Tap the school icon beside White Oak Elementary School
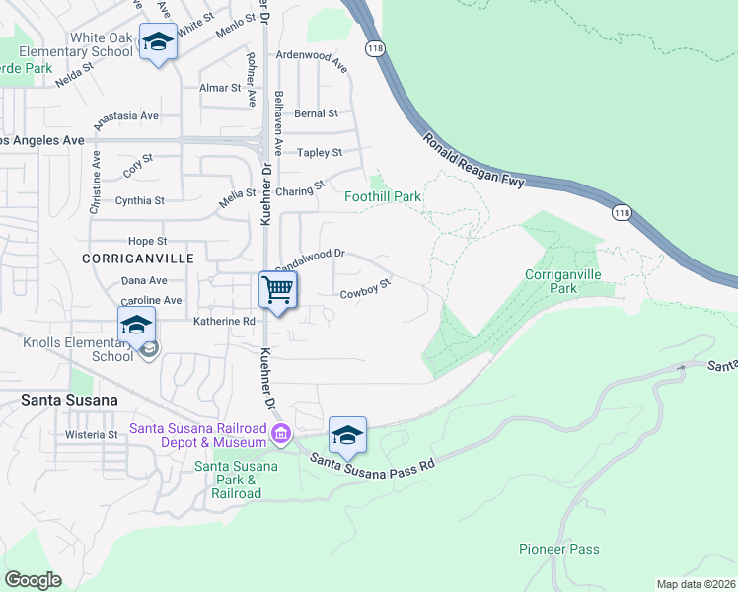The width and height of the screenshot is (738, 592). point(157,42)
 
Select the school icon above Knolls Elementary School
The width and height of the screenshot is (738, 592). point(137,325)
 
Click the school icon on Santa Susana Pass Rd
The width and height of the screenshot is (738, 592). point(347,435)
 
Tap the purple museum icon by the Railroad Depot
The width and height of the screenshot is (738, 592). point(281,433)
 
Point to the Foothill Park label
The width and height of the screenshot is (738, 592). point(382,196)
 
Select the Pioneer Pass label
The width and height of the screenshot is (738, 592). point(558,549)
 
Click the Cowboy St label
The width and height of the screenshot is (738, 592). point(366,288)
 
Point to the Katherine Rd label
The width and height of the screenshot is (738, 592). point(224,321)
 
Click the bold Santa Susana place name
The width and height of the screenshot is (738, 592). point(69,400)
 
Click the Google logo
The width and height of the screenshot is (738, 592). point(33,579)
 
